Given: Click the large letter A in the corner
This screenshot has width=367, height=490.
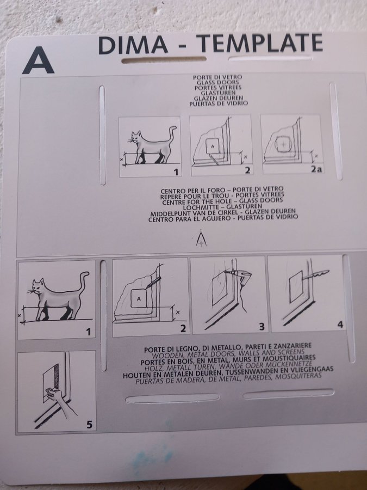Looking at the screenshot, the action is [38, 60].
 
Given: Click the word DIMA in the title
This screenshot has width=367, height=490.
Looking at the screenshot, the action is [133, 45].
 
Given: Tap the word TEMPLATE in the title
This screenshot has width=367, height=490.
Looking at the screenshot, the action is [259, 43].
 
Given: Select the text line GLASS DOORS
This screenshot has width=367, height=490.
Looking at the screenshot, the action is [217, 82].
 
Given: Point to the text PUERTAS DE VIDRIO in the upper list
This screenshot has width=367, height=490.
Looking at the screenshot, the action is [219, 103].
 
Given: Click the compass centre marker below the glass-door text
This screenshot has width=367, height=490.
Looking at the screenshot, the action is [201, 238].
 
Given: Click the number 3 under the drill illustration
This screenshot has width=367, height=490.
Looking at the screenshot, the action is [262, 327].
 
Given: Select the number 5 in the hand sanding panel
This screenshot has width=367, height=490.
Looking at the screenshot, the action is [89, 425].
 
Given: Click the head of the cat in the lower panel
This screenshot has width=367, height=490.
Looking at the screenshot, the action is [37, 286].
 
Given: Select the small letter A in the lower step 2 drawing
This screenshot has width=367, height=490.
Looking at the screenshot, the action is [139, 299].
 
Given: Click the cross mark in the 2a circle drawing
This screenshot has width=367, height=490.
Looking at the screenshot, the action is [283, 144].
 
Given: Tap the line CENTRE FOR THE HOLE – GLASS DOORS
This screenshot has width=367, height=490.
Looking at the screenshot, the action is [222, 201].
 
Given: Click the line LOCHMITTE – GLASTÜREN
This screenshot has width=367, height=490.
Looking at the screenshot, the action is [222, 206].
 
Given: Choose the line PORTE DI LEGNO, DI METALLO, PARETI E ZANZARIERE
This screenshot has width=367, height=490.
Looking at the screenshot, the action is [228, 347].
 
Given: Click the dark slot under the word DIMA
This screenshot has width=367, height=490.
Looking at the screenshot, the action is [164, 60].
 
